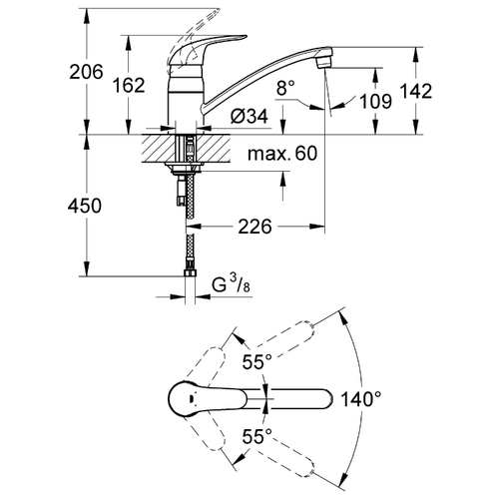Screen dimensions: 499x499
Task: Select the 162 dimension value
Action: click(x=129, y=85)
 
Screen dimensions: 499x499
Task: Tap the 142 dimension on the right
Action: click(x=416, y=91)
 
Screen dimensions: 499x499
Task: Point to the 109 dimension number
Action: click(x=376, y=101)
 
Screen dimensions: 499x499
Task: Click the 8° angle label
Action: click(x=285, y=89)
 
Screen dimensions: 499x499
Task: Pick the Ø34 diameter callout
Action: click(x=249, y=117)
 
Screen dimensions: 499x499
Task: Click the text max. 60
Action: click(x=282, y=154)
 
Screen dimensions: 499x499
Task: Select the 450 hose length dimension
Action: click(x=85, y=206)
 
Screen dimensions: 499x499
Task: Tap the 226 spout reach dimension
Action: click(x=254, y=227)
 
